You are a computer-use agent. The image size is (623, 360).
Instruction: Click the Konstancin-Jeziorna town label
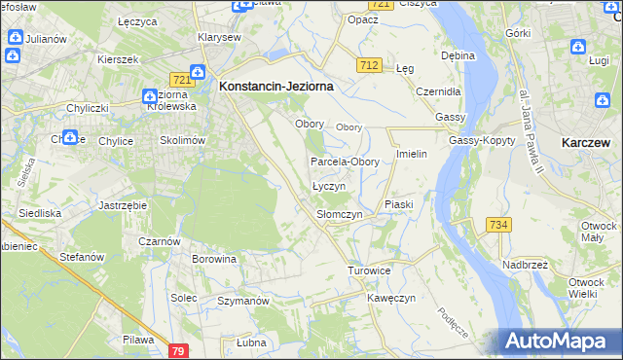pyautogui.click(x=276, y=87)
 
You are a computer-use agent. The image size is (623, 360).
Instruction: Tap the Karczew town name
pyautogui.click(x=586, y=142)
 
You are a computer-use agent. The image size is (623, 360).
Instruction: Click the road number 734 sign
pyautogui.click(x=498, y=225)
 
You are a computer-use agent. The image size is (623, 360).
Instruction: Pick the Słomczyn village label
pyautogui.click(x=340, y=214)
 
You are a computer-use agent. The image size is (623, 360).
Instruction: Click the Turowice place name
pyautogui.click(x=369, y=270)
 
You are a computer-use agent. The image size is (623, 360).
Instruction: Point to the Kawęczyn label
pyautogui.click(x=391, y=298)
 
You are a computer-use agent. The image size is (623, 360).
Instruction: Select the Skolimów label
pyautogui.click(x=183, y=140)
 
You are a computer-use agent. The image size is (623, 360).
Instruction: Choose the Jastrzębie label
pyautogui.click(x=123, y=206)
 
